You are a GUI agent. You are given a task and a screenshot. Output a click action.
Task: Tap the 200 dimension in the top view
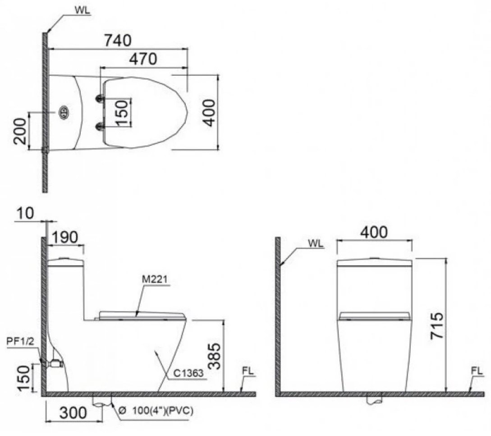[20, 130]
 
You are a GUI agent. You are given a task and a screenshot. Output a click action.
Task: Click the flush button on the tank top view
[64, 111]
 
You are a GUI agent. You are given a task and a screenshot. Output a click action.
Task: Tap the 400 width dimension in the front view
[373, 232]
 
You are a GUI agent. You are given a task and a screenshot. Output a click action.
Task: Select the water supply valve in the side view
[54, 363]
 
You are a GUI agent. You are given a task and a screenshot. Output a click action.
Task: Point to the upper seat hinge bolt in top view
[99, 98]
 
